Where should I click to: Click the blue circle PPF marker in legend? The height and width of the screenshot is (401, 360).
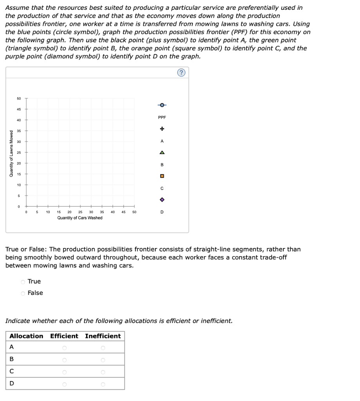point(162,105)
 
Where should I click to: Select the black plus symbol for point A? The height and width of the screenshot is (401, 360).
point(162,129)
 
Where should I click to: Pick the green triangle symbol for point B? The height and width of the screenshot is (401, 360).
point(162,152)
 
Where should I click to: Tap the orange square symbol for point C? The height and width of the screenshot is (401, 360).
point(162,176)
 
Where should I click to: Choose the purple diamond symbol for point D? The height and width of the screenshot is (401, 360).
point(162,200)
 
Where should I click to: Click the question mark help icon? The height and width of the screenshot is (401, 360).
point(181,73)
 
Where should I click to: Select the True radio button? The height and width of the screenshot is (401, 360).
point(23,282)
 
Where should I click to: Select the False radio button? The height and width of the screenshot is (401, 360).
point(23,293)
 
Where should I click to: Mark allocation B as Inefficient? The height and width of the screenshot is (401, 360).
point(103,359)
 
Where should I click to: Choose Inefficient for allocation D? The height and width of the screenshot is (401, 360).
point(103,384)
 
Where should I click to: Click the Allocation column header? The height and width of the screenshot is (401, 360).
point(26,336)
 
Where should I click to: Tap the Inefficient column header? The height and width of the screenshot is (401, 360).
point(103,336)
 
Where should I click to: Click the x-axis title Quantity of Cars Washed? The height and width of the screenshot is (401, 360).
point(80,218)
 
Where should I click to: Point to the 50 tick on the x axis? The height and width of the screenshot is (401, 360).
point(134,212)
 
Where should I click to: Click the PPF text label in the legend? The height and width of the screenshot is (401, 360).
point(162,117)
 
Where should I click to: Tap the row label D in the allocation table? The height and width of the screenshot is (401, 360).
point(11,383)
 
